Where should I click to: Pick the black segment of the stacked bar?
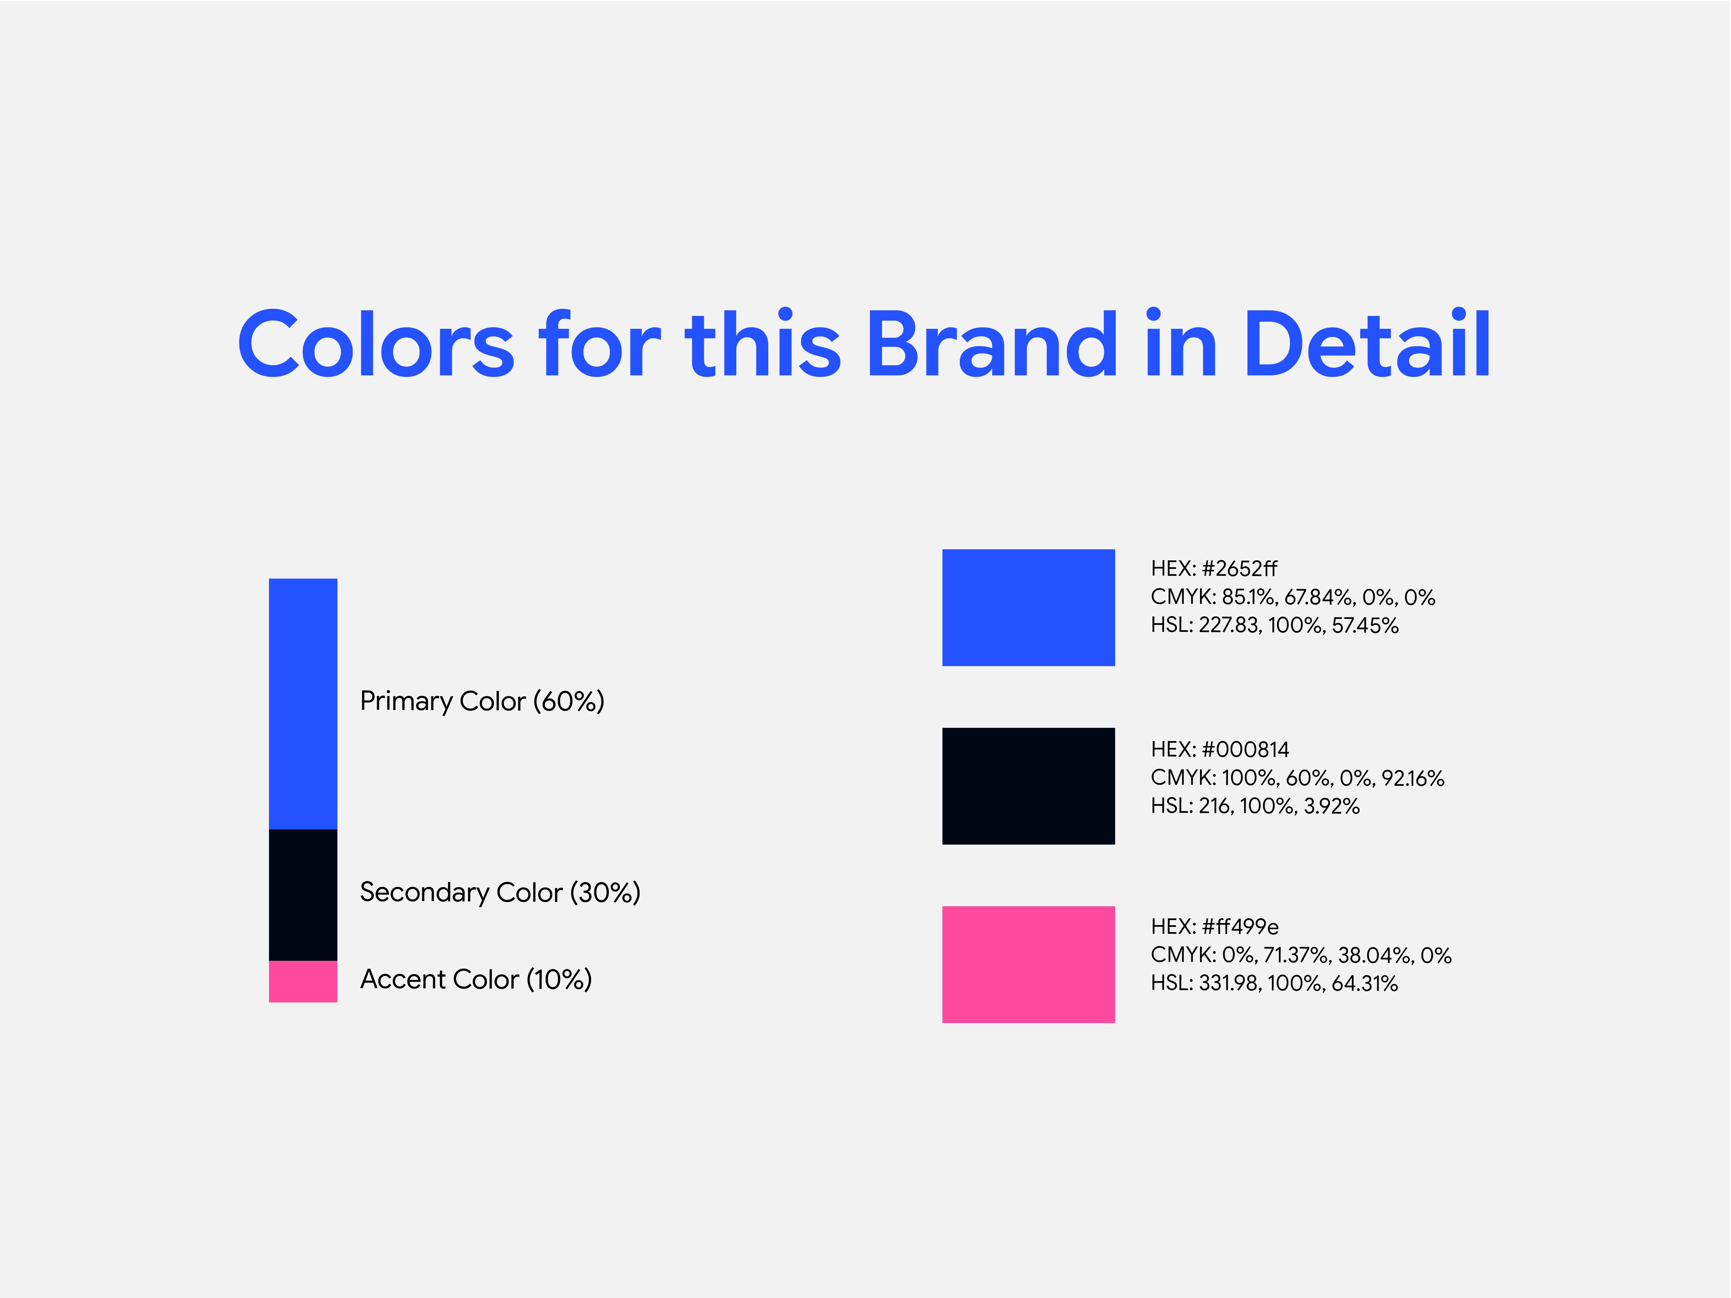point(303,895)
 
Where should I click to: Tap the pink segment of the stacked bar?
point(303,981)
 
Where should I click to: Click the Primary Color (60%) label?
point(482,701)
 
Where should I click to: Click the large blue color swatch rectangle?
point(1028,608)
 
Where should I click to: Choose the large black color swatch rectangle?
point(1028,786)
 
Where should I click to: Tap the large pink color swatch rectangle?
point(1028,965)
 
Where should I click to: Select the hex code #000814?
point(1245,749)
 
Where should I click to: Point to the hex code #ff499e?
point(1240,927)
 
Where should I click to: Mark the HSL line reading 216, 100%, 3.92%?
point(1255,806)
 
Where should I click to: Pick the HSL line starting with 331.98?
point(1274,983)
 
